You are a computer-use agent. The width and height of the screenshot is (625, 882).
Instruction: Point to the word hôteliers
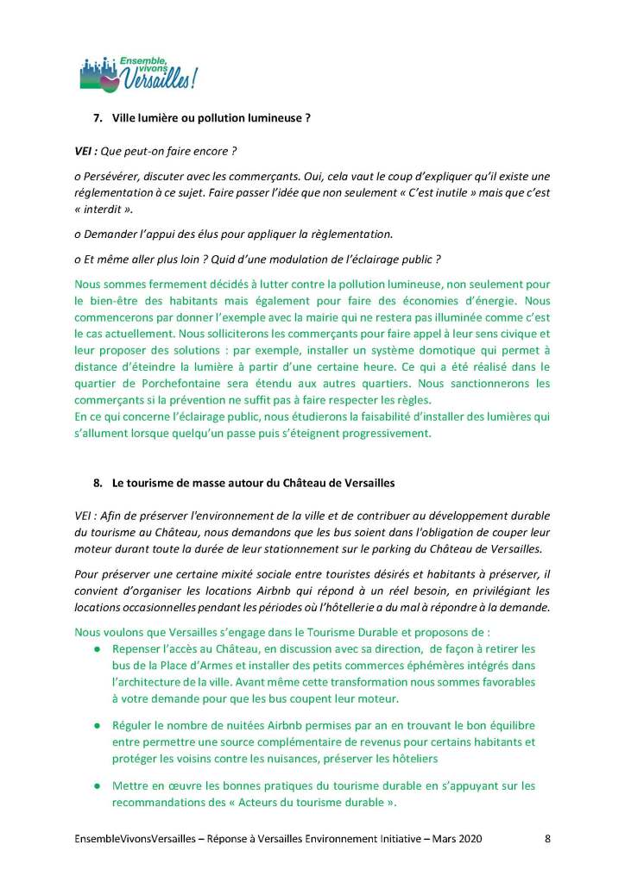(x=407, y=760)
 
